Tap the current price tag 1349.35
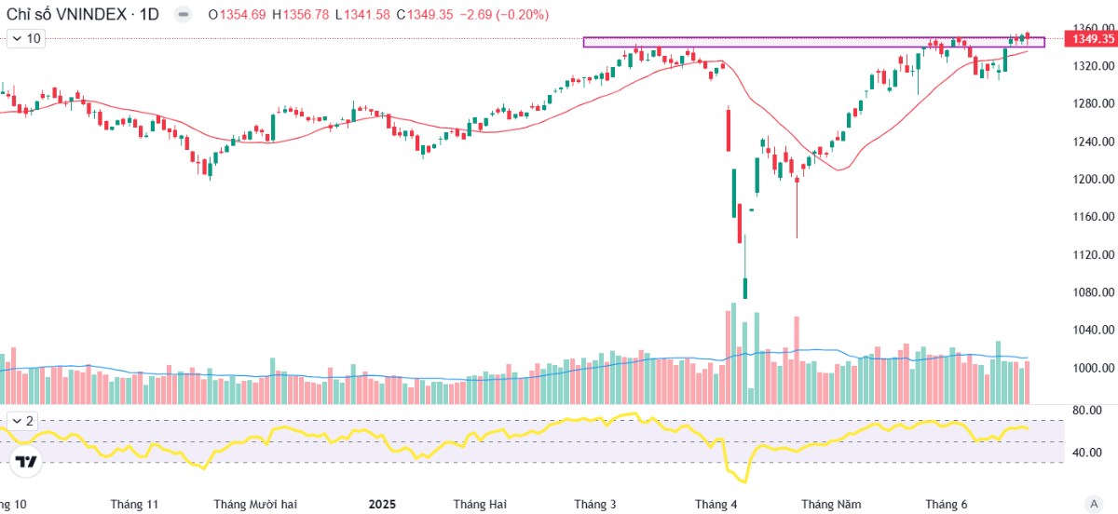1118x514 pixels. pos(1093,39)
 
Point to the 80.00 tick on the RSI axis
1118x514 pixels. pos(1087,410)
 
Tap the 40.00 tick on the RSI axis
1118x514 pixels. pos(1087,453)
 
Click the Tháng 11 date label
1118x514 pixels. pos(134,505)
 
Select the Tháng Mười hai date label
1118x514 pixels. pos(255,505)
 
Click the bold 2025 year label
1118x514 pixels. pos(382,505)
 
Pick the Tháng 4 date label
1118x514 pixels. pos(716,505)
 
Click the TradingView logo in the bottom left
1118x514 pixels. pos(27,461)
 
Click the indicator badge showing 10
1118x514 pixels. pos(26,38)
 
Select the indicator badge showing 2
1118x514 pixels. pos(22,421)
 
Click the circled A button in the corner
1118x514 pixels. pos(1094,503)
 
